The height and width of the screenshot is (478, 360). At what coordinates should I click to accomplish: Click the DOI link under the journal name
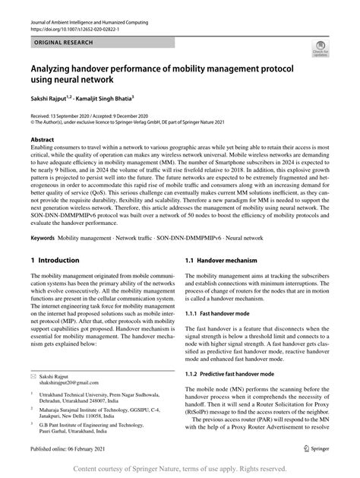point(81,33)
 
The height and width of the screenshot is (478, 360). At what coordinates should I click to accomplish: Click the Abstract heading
point(43,141)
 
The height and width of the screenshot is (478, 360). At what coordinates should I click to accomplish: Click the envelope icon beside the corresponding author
point(34,376)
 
